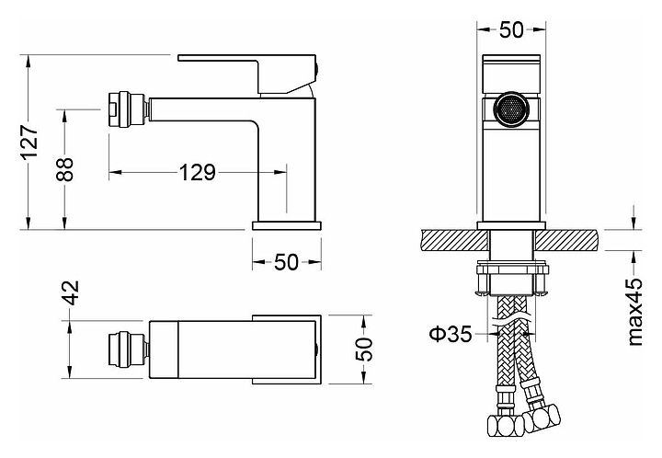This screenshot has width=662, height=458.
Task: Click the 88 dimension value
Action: (65, 169)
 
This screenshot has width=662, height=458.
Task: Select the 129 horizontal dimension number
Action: (198, 172)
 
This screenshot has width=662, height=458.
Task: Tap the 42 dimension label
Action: (71, 292)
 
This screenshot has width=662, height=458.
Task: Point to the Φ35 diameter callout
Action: (451, 335)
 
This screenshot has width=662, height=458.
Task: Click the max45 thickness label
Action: (635, 312)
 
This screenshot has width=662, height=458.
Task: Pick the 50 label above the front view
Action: (511, 29)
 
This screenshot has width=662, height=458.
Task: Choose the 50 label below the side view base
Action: (286, 262)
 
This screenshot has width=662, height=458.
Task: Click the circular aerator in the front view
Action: (511, 109)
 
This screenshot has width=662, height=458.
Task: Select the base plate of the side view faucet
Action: (287, 225)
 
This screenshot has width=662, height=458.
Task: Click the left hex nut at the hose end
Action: (506, 426)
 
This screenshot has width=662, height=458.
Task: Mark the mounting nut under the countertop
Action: (512, 279)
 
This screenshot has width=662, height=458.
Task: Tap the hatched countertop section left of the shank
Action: (454, 241)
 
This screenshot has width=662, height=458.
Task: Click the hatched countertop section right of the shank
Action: (567, 241)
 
